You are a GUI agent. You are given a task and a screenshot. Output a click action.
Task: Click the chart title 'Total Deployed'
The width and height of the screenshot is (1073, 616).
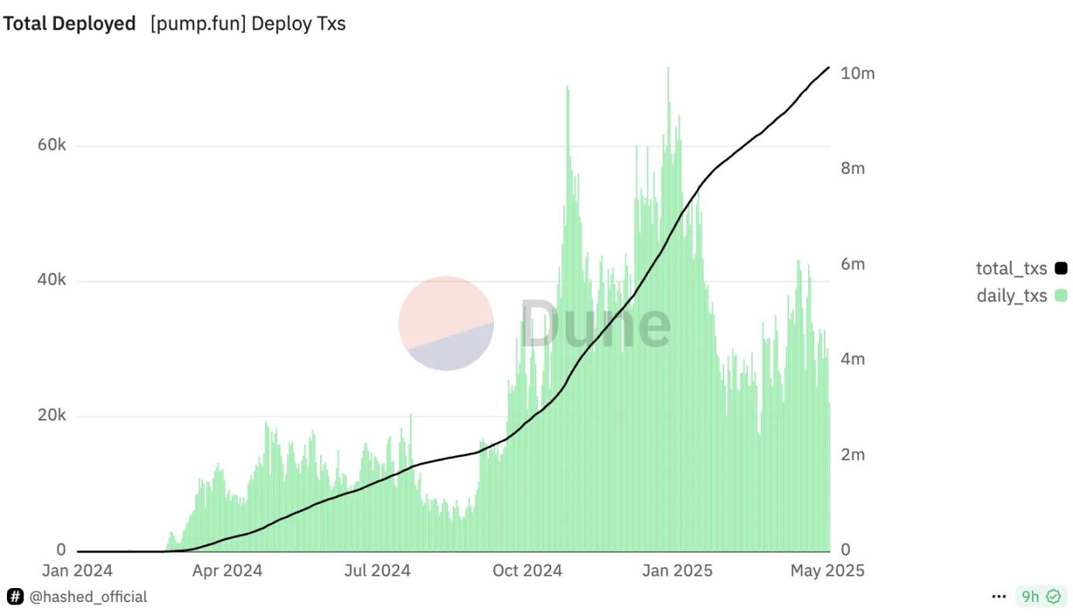(69, 24)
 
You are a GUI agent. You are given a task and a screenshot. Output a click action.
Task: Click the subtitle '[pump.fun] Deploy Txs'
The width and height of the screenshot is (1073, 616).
(248, 24)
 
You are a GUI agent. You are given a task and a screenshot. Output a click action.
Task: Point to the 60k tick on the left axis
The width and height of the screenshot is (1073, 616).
(52, 146)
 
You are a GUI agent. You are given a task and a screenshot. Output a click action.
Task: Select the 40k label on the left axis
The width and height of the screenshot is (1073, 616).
(52, 280)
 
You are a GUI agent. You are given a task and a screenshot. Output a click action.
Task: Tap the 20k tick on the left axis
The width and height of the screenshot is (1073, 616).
(52, 415)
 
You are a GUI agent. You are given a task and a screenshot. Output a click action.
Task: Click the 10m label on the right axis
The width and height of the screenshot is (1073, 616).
(857, 74)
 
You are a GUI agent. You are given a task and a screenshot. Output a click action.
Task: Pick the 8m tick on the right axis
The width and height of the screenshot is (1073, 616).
(852, 168)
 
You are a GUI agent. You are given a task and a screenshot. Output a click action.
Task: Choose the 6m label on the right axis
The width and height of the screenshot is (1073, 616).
(852, 264)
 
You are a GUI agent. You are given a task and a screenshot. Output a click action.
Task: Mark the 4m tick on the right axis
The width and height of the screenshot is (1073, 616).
(852, 359)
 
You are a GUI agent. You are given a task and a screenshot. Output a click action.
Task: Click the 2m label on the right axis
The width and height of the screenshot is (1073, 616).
(852, 455)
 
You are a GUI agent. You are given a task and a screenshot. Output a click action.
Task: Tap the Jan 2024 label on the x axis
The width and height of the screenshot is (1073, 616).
(77, 571)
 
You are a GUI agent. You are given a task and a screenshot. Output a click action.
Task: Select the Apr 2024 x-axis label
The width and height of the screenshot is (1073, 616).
(227, 571)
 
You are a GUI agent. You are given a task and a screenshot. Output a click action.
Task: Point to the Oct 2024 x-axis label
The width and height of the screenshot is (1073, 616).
(527, 571)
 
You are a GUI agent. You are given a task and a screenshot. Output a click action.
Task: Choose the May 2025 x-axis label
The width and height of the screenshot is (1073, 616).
(826, 571)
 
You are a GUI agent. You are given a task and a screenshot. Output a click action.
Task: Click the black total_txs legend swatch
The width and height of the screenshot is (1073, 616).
(1061, 269)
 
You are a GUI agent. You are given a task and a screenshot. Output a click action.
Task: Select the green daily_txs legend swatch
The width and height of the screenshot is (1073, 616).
(1061, 296)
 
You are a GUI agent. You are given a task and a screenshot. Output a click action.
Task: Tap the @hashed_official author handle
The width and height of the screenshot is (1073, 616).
(88, 597)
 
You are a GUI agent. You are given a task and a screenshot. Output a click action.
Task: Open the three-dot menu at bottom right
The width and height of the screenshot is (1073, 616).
(999, 597)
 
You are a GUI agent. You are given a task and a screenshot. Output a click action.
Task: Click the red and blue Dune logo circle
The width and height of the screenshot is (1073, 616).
(446, 323)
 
